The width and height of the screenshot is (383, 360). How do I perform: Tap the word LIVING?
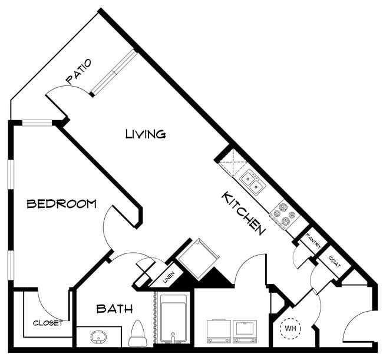click(x=146, y=134)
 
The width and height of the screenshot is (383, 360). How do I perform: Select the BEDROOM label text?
click(x=62, y=204)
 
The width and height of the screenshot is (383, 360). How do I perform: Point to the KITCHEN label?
click(x=242, y=213)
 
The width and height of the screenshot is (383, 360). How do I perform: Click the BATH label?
click(x=114, y=309)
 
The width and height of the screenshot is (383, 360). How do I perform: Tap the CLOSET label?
click(x=48, y=323)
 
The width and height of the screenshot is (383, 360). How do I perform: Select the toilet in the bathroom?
click(x=137, y=333)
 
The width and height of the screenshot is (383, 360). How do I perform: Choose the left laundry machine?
click(x=218, y=331)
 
